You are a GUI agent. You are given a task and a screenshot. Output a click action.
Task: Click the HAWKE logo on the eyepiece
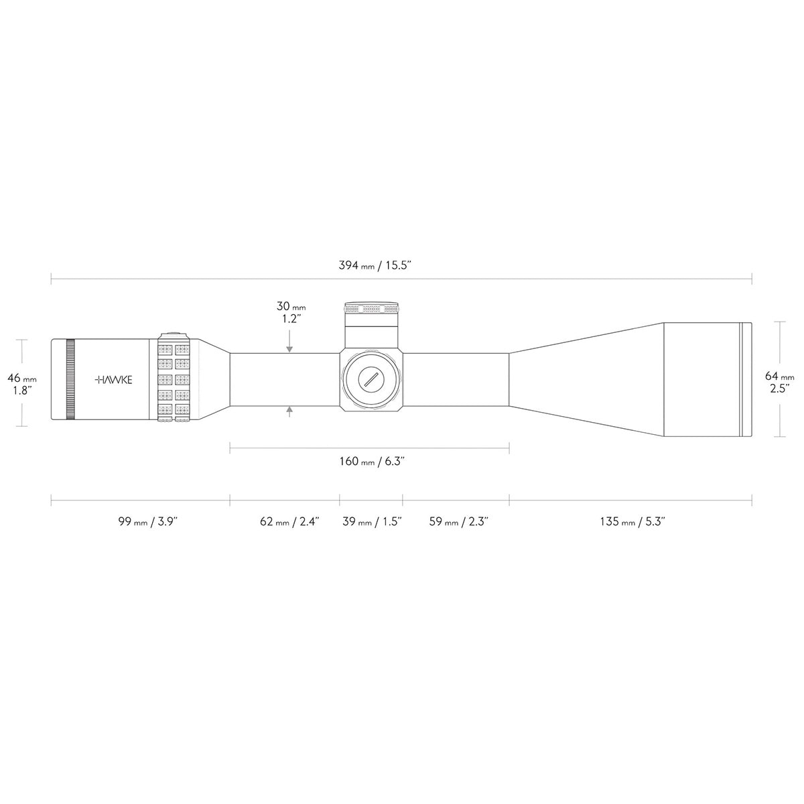[113, 380]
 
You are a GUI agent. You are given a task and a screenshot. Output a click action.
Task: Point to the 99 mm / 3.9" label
[148, 522]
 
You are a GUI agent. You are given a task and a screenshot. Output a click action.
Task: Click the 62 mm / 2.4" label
[289, 522]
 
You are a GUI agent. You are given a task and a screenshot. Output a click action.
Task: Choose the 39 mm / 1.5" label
[372, 522]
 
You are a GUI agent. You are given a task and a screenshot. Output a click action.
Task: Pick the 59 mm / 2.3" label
[458, 522]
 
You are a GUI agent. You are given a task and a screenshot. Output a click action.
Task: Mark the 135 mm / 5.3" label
[632, 522]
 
